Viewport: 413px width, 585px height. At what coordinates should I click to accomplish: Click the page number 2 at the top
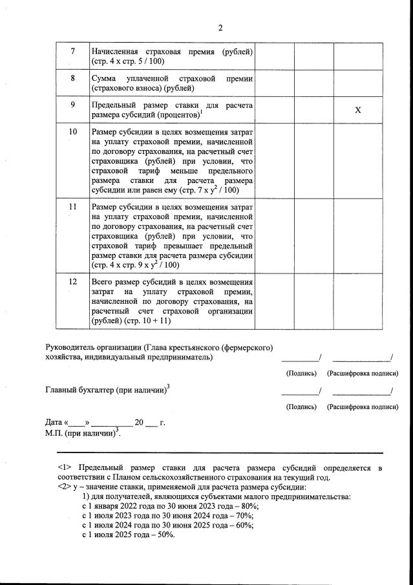coord(220,28)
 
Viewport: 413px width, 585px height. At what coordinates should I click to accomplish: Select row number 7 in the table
coord(72,51)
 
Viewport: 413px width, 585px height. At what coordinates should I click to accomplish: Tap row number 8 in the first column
coord(72,78)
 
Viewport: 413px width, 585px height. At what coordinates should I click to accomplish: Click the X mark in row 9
coord(357,110)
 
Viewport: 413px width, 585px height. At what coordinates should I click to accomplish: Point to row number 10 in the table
coord(72,132)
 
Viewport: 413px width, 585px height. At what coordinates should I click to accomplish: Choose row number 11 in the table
coord(72,207)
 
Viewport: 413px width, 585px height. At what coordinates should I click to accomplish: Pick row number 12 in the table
coord(72,282)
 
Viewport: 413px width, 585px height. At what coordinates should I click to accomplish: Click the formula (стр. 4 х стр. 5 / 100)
coord(129,61)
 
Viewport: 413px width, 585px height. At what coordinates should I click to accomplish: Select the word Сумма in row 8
coord(105,78)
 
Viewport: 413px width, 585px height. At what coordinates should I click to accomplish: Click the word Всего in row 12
coord(103,282)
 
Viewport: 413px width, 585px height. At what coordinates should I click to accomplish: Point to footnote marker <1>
coord(65,467)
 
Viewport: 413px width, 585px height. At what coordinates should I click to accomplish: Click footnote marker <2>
coord(65,487)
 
